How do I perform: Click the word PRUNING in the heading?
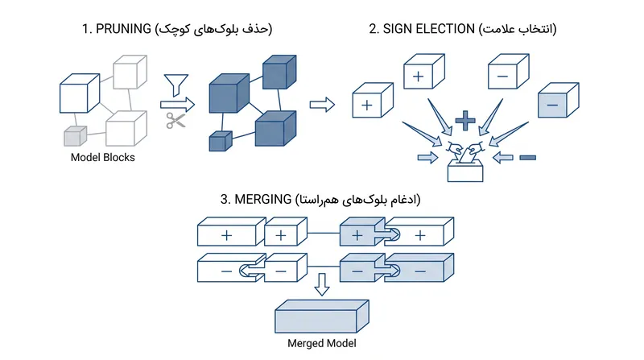123,29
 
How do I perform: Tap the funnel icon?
176,85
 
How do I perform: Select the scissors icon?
175,121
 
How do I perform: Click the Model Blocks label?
103,157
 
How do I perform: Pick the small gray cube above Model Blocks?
75,136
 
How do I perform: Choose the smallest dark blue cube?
221,142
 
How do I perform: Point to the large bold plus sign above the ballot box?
465,121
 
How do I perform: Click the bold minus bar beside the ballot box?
528,157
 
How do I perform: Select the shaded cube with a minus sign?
558,101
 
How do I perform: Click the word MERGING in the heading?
263,199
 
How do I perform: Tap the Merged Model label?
321,343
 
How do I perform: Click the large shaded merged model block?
321,317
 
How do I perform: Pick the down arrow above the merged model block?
321,284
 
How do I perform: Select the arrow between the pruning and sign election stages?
322,105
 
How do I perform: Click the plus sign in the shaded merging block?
357,235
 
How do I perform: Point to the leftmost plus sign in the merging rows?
226,235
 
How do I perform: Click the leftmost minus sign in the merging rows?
226,271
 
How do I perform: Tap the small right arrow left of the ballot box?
428,157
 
